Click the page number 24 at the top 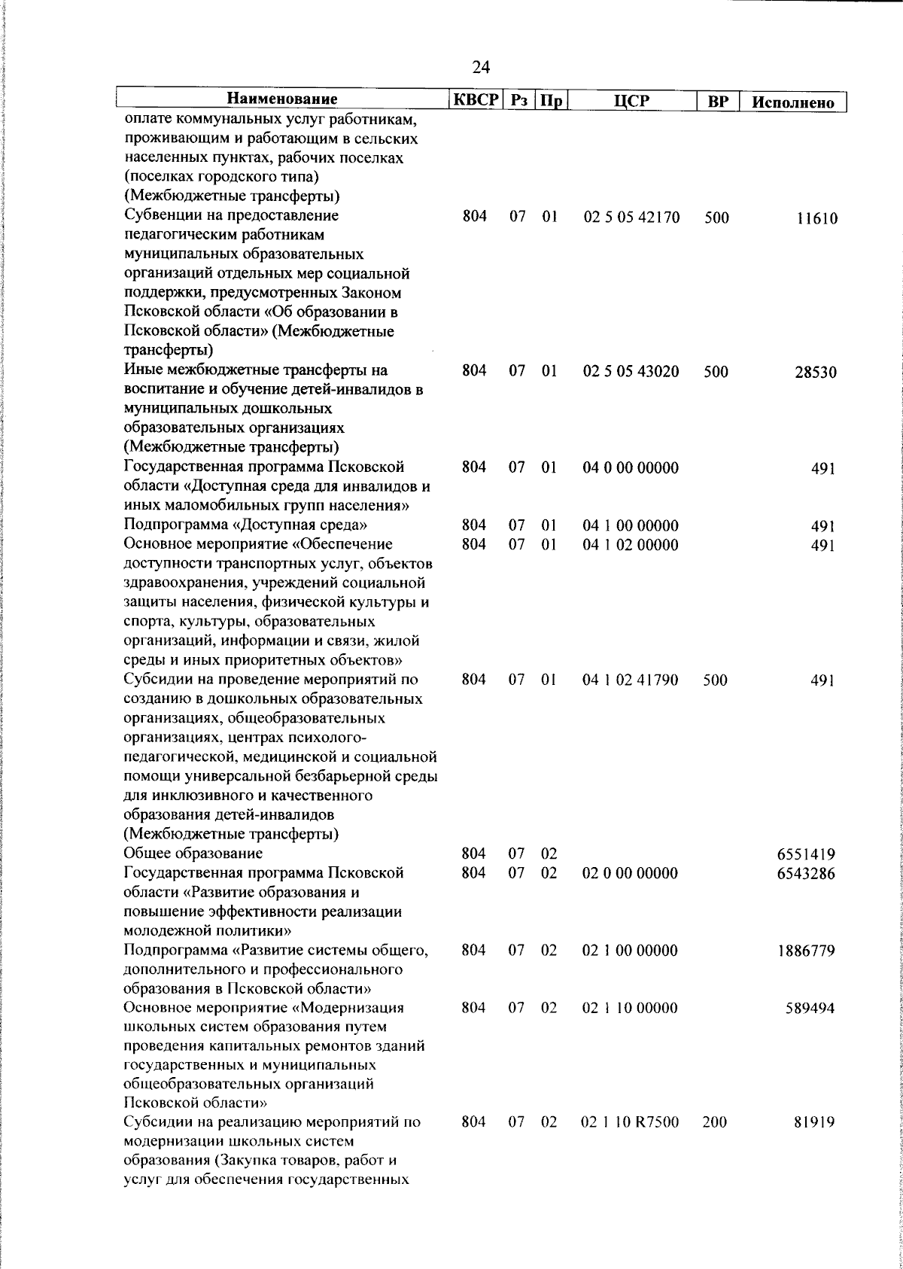point(481,68)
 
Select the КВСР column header point(476,100)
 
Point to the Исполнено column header point(794,102)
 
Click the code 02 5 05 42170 point(631,218)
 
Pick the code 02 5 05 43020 point(631,371)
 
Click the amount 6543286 point(806,874)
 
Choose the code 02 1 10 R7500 point(631,1143)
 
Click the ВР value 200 point(714,1143)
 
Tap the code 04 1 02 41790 point(631,680)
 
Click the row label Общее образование point(193,854)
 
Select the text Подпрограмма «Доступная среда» point(245,525)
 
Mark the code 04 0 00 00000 point(631,468)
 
